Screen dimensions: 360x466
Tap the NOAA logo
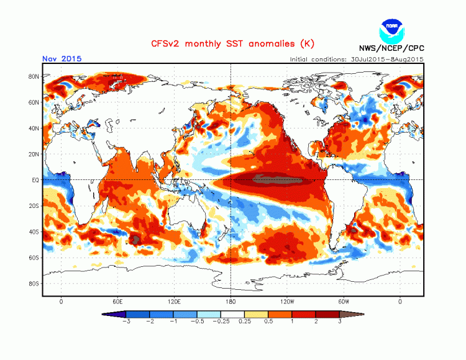pyautogui.click(x=391, y=30)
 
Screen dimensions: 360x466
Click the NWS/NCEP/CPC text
pyautogui.click(x=391, y=48)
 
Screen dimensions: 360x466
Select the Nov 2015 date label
pyautogui.click(x=62, y=59)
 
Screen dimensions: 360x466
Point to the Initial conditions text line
pyautogui.click(x=357, y=59)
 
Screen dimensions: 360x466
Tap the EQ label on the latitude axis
pyautogui.click(x=35, y=180)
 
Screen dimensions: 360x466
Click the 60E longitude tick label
pyautogui.click(x=117, y=301)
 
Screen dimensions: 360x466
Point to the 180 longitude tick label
pyautogui.click(x=231, y=301)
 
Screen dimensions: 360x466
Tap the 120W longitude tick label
pyautogui.click(x=287, y=301)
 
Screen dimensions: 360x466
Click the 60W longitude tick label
pyautogui.click(x=344, y=301)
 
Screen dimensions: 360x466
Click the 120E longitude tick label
pyautogui.click(x=174, y=301)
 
